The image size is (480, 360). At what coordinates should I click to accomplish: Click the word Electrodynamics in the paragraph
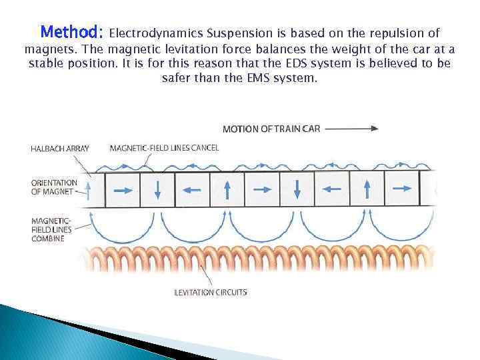155,33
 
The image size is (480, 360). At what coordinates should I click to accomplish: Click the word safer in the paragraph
177,78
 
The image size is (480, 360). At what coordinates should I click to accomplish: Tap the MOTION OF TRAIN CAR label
271,129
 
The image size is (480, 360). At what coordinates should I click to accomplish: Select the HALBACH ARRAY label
59,148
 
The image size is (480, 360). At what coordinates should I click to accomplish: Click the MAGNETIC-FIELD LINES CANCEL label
164,148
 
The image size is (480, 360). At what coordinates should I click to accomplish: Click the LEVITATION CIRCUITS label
211,292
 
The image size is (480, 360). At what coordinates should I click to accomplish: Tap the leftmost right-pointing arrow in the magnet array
123,190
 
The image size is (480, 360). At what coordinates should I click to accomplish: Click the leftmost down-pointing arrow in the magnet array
157,190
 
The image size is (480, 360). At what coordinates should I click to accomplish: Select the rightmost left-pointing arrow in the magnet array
331,190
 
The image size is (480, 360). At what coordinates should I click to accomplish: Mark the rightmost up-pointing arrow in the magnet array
367,190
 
